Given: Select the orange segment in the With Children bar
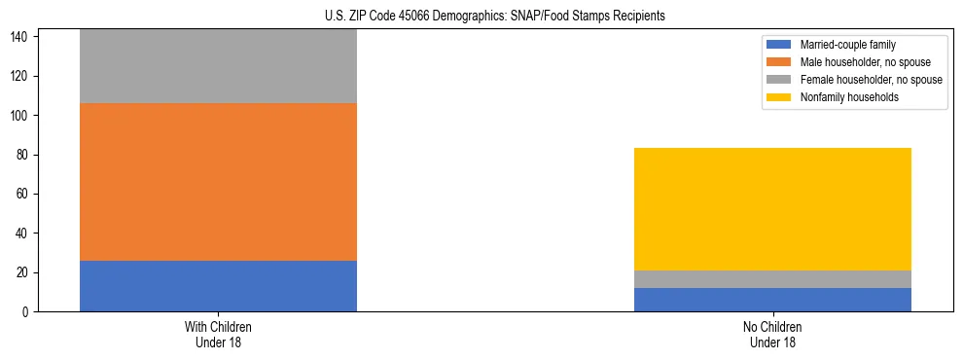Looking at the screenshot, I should click(x=218, y=182).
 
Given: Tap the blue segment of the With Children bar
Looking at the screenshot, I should click(x=218, y=286).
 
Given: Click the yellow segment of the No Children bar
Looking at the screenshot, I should click(x=772, y=209).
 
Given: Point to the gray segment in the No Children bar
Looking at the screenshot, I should click(x=772, y=279).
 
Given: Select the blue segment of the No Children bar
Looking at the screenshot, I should click(x=772, y=300).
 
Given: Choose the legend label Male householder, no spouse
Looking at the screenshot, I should click(x=858, y=62).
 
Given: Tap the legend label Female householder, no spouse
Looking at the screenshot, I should click(x=871, y=80).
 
